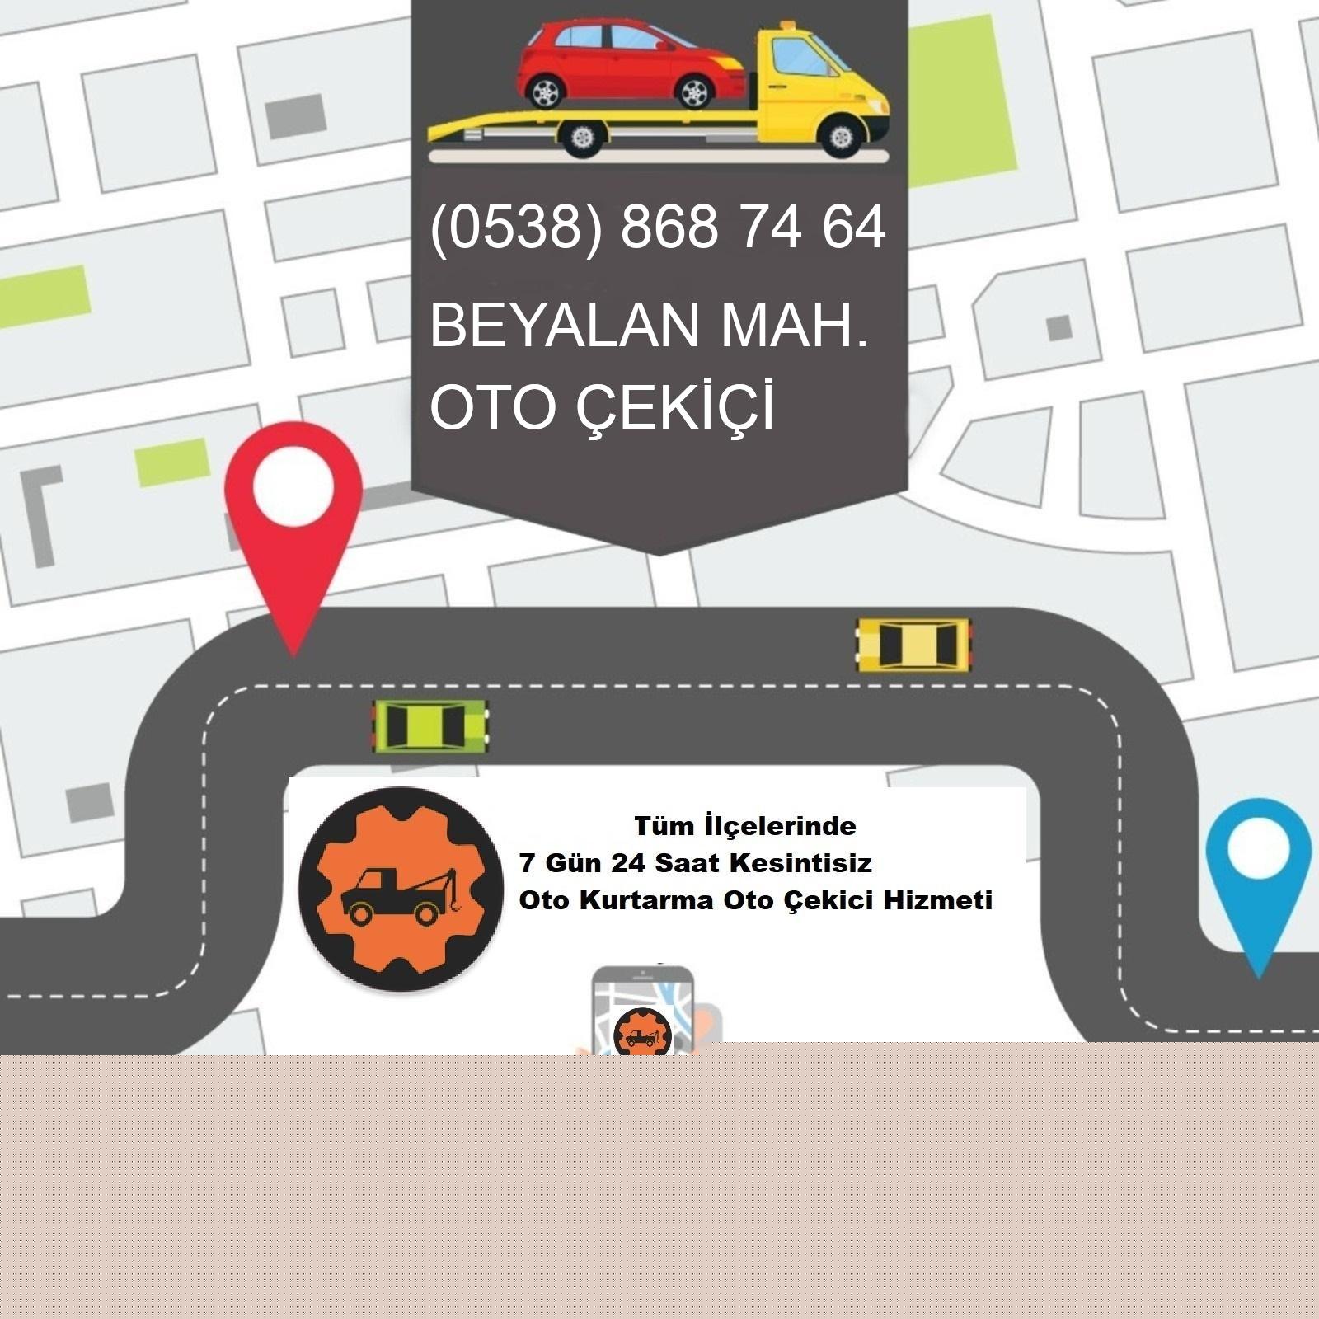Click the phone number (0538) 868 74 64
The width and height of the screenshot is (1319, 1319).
pyautogui.click(x=657, y=227)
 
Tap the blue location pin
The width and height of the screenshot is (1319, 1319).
pyautogui.click(x=1258, y=866)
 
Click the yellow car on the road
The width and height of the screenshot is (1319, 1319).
pyautogui.click(x=913, y=644)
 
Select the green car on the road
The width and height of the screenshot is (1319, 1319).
pyautogui.click(x=429, y=725)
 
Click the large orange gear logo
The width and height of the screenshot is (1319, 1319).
pyautogui.click(x=401, y=888)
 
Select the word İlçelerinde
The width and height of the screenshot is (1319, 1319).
pyautogui.click(x=780, y=825)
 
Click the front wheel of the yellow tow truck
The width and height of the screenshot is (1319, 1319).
pyautogui.click(x=841, y=137)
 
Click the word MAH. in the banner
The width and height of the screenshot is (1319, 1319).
pyautogui.click(x=795, y=325)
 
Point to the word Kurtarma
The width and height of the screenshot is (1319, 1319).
pyautogui.click(x=646, y=900)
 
